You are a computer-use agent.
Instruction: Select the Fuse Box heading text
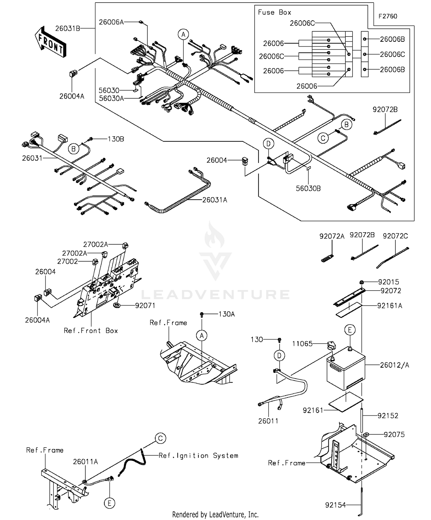[x=274, y=12]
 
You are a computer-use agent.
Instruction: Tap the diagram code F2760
[x=388, y=16]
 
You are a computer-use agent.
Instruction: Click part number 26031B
[x=68, y=28]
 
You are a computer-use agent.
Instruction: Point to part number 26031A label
[x=215, y=200]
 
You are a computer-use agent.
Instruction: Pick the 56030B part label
[x=308, y=189]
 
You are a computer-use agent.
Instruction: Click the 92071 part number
[x=145, y=306]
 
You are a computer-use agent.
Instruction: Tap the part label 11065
[x=302, y=344]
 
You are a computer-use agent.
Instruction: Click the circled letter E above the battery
[x=350, y=330]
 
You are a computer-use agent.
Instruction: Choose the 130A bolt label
[x=226, y=314]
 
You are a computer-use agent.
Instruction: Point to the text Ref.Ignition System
[x=198, y=456]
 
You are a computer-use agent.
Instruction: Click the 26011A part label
[x=85, y=462]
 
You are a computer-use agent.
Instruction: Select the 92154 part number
[x=335, y=505]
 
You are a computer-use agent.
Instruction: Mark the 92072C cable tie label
[x=395, y=236]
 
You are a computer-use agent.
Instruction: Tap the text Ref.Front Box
[x=91, y=331]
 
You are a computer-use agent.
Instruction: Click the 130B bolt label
[x=116, y=139]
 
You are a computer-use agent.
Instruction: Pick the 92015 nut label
[x=388, y=282]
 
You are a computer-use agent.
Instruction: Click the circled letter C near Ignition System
[x=160, y=438]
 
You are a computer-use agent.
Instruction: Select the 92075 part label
[x=394, y=435]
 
